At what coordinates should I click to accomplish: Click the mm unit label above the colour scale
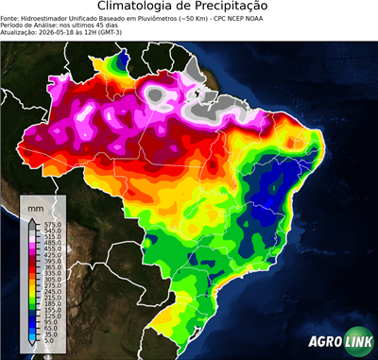[x=36, y=205]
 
